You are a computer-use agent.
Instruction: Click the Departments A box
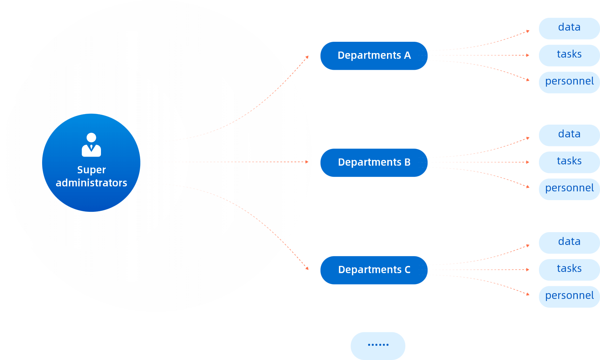coord(374,56)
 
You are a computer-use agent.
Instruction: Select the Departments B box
coord(374,162)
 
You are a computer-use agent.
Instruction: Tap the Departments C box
coord(374,270)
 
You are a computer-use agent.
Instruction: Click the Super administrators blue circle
coord(91,162)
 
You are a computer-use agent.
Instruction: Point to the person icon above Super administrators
coord(91,145)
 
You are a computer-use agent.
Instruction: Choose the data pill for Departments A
coord(569,28)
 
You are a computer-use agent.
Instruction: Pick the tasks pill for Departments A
coord(569,55)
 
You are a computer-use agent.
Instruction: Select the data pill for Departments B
coord(569,135)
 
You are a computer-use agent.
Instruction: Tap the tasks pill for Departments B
coord(569,162)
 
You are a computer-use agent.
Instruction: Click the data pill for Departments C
coord(569,242)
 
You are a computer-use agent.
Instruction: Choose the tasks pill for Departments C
coord(569,269)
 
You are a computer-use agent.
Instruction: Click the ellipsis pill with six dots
coord(378,345)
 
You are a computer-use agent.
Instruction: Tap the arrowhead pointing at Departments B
coord(307,162)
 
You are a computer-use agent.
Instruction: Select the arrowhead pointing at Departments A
coord(307,57)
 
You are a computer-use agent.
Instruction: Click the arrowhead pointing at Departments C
coord(307,268)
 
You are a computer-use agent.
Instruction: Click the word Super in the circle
coord(91,170)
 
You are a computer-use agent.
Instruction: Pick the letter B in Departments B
coord(408,162)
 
